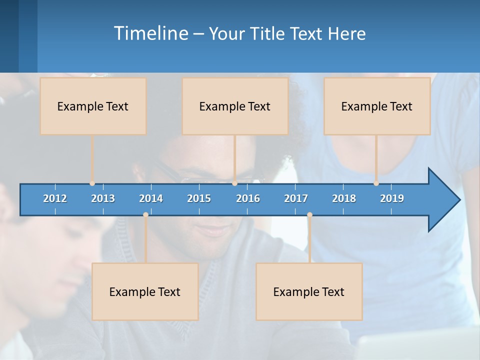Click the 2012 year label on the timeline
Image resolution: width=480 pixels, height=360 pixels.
pos(55,198)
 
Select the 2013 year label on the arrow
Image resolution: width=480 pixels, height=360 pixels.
pos(103,198)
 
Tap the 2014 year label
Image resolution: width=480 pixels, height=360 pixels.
pos(151,198)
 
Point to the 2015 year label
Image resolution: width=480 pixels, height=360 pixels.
pos(199,198)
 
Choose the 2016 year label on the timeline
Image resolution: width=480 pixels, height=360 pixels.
pos(248,198)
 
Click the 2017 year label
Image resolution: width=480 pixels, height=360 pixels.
pos(296,198)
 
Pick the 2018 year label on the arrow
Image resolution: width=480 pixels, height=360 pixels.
pos(344,198)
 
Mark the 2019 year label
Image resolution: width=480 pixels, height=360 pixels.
pos(392,198)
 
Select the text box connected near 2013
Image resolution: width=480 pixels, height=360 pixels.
pos(93,106)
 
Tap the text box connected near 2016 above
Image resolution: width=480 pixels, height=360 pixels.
pos(235,106)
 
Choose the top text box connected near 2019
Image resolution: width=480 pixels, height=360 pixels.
pos(377,106)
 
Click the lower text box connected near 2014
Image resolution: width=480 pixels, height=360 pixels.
pos(145,291)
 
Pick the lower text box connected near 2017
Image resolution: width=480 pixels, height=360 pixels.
pos(309,291)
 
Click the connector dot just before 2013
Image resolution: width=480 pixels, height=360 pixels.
pos(92,183)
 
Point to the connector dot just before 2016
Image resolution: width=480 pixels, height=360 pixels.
pos(234,183)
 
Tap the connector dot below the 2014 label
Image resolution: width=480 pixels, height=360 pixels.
pos(145,214)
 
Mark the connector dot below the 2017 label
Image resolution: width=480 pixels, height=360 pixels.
pos(309,214)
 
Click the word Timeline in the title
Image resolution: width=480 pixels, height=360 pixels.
pos(150,33)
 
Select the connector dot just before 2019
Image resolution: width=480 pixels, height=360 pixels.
pos(376,183)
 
